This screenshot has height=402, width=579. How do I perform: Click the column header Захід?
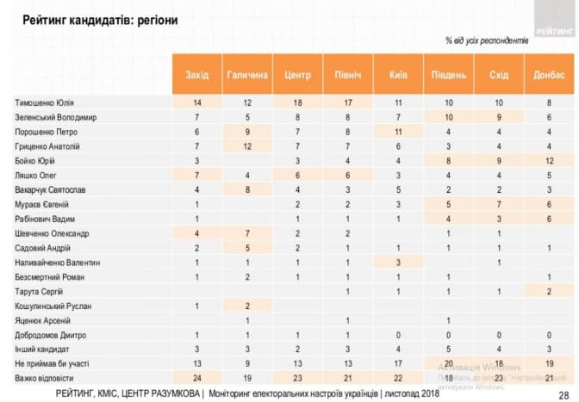(196, 75)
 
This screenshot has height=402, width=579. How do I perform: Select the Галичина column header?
(247, 75)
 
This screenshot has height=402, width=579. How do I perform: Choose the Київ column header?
(397, 75)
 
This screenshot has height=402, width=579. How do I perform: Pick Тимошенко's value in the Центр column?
(297, 102)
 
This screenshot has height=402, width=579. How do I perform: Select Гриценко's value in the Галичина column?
(247, 145)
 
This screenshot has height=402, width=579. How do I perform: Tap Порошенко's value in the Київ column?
(397, 132)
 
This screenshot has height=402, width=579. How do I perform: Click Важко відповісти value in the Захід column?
(196, 377)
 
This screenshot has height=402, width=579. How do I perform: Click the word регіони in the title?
(155, 18)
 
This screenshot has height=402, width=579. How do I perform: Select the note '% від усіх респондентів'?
(482, 40)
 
